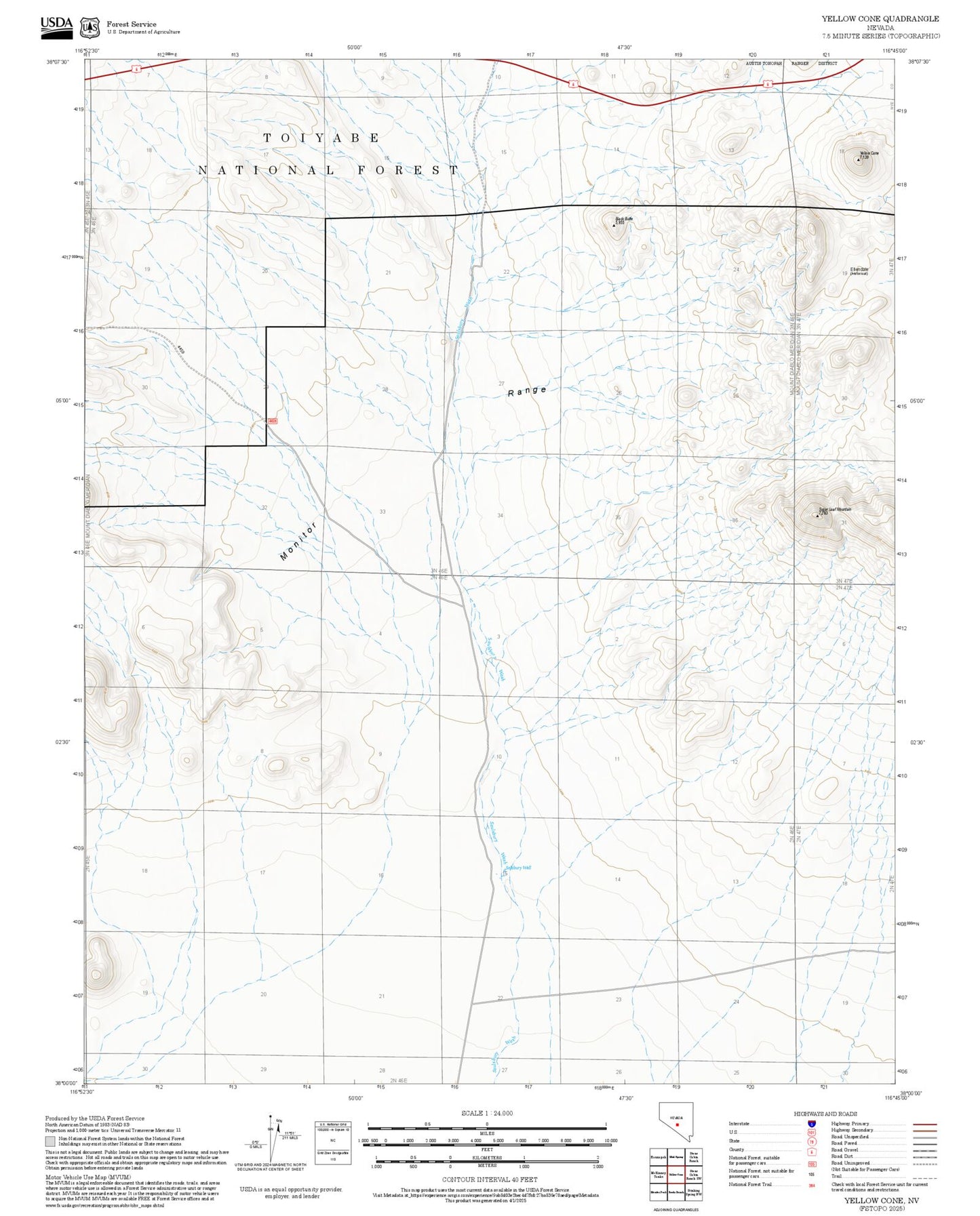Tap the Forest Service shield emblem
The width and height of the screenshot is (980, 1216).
(89, 27)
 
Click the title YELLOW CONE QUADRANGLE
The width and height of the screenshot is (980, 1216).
(880, 19)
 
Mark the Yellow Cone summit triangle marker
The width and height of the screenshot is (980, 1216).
(858, 160)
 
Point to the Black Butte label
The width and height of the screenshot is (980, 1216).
(623, 218)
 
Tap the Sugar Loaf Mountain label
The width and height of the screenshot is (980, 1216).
(834, 509)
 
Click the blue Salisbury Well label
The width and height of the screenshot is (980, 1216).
(518, 868)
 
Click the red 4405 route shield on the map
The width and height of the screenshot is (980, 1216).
(272, 421)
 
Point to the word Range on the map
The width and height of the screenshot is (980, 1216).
(527, 391)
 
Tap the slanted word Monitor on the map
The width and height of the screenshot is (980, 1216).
(298, 541)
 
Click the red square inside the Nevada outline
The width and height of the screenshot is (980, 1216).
(677, 1124)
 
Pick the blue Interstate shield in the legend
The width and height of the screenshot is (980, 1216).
(811, 1123)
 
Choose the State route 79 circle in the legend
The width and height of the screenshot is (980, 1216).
(811, 1141)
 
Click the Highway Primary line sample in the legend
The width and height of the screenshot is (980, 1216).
(924, 1124)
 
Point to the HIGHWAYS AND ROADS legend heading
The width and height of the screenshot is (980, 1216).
(825, 1114)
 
